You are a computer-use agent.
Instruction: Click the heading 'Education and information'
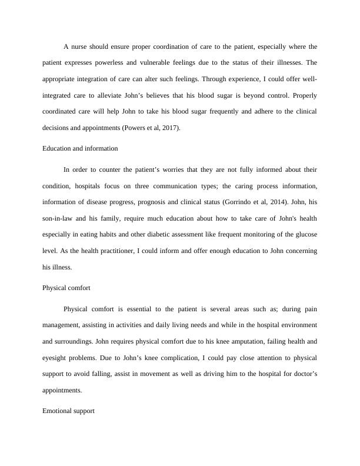pyautogui.click(x=80, y=148)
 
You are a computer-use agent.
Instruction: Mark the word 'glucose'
pyautogui.click(x=305, y=235)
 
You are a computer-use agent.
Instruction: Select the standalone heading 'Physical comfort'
pyautogui.click(x=66, y=289)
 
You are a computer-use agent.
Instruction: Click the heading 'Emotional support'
pyautogui.click(x=68, y=412)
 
